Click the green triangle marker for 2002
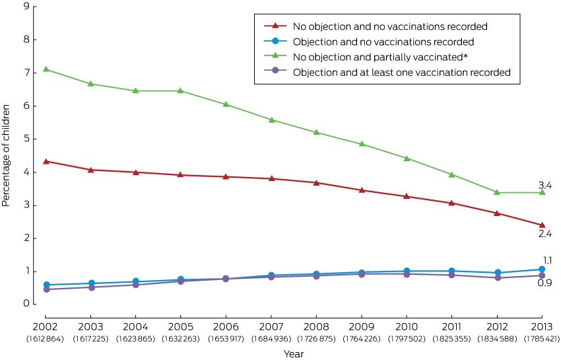pyautogui.click(x=46, y=69)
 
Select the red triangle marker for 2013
pyautogui.click(x=542, y=225)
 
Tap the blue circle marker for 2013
pyautogui.click(x=542, y=270)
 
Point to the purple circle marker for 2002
pyautogui.click(x=46, y=289)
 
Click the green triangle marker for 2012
pyautogui.click(x=497, y=192)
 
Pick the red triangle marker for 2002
pyautogui.click(x=46, y=162)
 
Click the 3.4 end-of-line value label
pyautogui.click(x=545, y=185)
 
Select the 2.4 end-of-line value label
pyautogui.click(x=545, y=234)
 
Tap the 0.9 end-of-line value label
pyautogui.click(x=544, y=283)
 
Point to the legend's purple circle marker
pyautogui.click(x=275, y=71)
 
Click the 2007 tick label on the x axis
pyautogui.click(x=271, y=327)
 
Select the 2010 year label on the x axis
pyautogui.click(x=407, y=327)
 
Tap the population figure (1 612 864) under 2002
pyautogui.click(x=45, y=339)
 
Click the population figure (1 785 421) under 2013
pyautogui.click(x=542, y=339)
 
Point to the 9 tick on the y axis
pyautogui.click(x=26, y=6)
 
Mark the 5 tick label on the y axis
pyautogui.click(x=26, y=139)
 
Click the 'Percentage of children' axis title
pyautogui.click(x=6, y=155)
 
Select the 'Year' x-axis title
pyautogui.click(x=294, y=354)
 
